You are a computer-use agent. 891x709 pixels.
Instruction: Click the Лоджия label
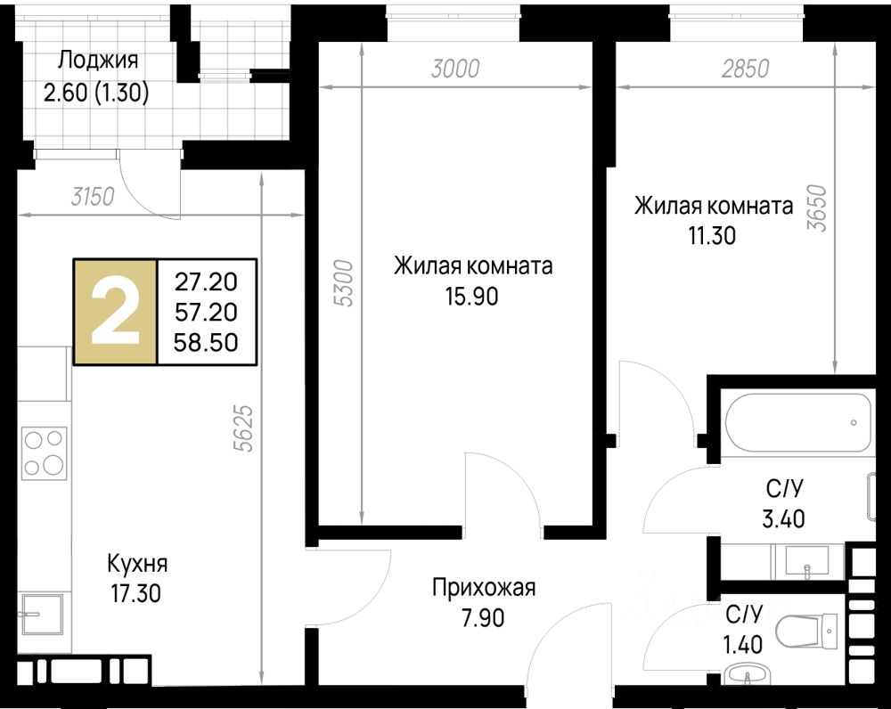coord(98,60)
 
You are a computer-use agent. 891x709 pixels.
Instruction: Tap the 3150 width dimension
coord(94,197)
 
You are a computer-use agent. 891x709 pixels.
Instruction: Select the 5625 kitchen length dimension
coord(244,428)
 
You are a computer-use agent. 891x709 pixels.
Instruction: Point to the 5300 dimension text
coord(344,283)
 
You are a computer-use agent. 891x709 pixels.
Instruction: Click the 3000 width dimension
coord(455,69)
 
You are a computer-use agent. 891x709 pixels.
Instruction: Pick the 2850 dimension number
coord(746,69)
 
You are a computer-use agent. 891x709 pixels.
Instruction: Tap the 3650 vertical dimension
coord(816,208)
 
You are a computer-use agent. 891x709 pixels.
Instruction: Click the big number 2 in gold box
coord(115,313)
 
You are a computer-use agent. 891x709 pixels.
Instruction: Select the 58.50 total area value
coord(206,343)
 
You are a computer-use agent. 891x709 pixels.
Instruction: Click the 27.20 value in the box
coord(206,281)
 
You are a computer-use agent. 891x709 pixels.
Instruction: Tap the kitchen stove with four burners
coord(44,452)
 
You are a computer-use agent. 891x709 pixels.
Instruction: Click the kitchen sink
coord(43,614)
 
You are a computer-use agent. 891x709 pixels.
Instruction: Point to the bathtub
coord(798,422)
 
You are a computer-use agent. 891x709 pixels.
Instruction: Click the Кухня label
coord(137,564)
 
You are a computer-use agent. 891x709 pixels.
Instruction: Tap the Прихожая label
coord(484,588)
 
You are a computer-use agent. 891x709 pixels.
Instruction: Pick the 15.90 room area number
coord(471,297)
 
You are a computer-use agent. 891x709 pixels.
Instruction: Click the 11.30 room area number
coord(713,235)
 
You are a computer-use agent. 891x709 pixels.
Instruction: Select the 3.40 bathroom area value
coord(783,518)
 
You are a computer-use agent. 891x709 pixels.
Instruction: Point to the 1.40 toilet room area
coord(742,645)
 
